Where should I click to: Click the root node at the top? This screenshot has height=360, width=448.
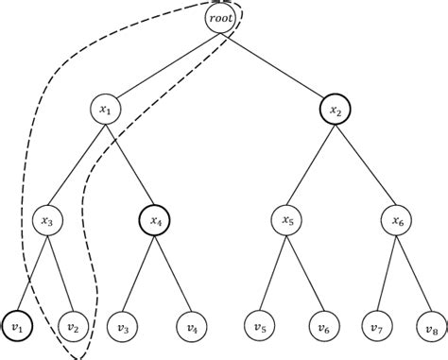(x=219, y=17)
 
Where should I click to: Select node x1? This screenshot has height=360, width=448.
(x=106, y=110)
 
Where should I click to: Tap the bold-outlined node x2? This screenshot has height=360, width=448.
(x=334, y=110)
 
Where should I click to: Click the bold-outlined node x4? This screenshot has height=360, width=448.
(x=152, y=221)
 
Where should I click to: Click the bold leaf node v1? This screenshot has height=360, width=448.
(x=16, y=327)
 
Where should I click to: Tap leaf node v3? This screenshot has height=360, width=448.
(x=123, y=327)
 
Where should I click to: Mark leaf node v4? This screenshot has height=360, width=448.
(x=192, y=327)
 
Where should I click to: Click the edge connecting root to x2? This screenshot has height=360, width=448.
(x=276, y=63)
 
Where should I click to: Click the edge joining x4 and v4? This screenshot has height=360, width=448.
(x=172, y=274)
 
